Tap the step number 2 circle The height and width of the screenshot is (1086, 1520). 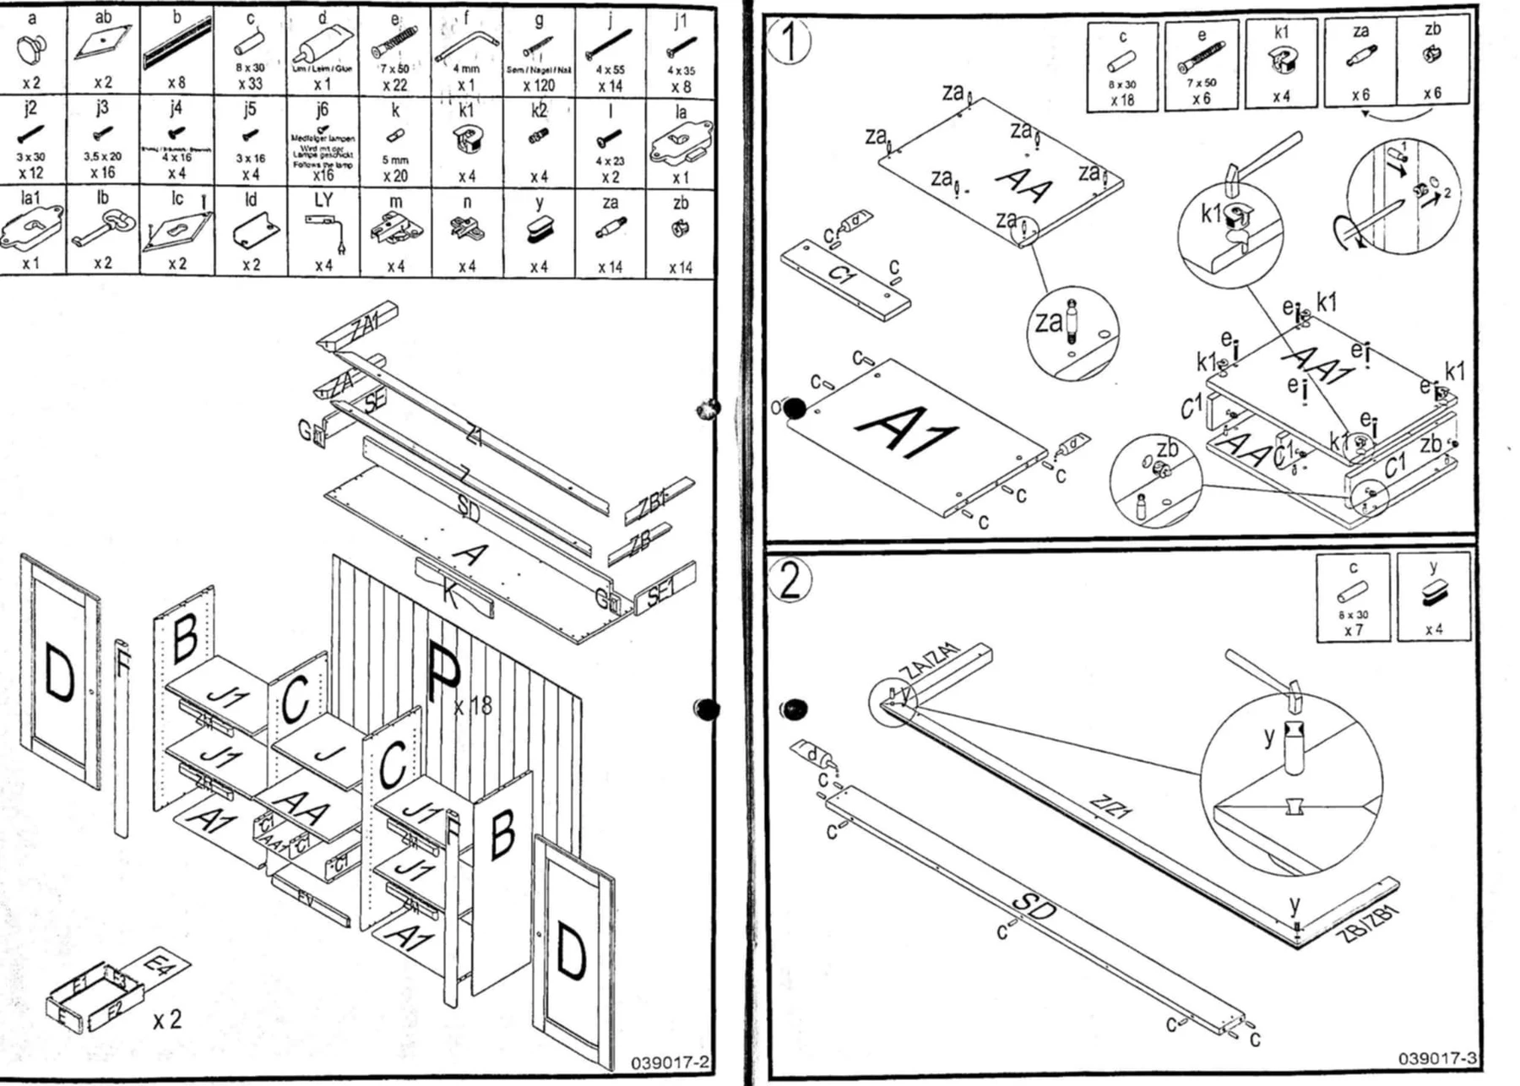[x=790, y=579]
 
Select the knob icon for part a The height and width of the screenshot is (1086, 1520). [x=31, y=49]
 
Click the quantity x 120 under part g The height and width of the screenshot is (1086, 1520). [x=538, y=84]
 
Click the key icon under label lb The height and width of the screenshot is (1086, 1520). [x=102, y=229]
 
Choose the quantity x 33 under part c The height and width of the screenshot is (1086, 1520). [x=250, y=84]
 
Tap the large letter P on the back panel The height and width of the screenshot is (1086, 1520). [x=443, y=672]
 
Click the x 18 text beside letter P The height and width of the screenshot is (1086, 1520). [x=473, y=704]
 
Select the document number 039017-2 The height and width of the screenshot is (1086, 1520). [x=670, y=1062]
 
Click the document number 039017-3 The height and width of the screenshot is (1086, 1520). [x=1436, y=1058]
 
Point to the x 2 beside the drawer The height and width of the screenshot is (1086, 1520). [x=167, y=1019]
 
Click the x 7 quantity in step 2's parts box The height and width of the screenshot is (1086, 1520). [x=1353, y=630]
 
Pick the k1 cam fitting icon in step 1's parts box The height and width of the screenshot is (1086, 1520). [x=1281, y=61]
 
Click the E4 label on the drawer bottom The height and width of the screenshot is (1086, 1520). [x=159, y=964]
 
